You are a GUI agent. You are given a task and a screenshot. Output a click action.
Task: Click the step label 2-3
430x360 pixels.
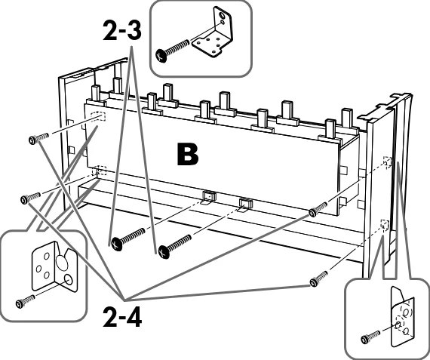(x=122, y=30)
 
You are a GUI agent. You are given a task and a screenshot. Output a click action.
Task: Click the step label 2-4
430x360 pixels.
(x=122, y=317)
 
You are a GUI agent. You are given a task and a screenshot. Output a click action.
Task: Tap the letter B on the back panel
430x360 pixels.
(x=188, y=154)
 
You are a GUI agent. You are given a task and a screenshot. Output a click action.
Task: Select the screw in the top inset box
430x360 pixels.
(x=172, y=51)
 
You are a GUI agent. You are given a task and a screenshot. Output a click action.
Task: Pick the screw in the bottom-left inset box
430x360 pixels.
(x=25, y=300)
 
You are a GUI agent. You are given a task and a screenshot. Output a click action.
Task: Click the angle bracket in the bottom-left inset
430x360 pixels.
(x=55, y=266)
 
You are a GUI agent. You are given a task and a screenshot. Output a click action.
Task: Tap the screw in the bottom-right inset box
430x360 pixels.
(x=370, y=337)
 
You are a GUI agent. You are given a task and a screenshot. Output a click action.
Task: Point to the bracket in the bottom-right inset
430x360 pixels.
(x=402, y=317)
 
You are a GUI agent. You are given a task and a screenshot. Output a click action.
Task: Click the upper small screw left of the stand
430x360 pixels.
(x=38, y=138)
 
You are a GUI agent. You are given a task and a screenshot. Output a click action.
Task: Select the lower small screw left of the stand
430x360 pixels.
(x=31, y=198)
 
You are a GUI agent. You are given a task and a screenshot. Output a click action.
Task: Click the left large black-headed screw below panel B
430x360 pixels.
(x=127, y=238)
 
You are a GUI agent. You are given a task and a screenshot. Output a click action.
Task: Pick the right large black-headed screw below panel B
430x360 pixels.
(x=175, y=246)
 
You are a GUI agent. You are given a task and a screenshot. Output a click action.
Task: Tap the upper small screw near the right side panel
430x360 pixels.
(x=318, y=209)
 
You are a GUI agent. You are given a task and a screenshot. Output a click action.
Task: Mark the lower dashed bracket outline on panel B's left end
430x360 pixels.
(x=99, y=171)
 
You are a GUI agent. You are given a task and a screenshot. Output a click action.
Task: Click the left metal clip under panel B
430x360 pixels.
(x=209, y=197)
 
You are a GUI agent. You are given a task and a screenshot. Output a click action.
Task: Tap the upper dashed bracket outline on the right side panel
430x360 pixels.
(x=387, y=162)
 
